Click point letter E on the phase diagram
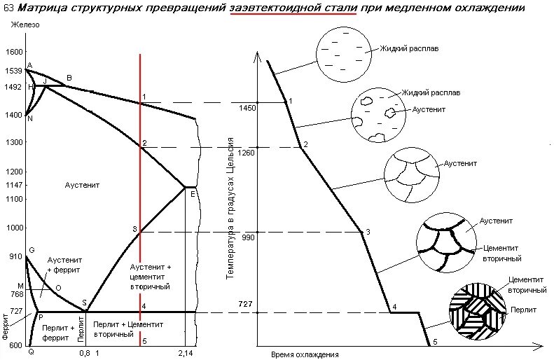point(193,194)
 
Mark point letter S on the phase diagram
point(84,303)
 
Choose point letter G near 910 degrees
point(32,250)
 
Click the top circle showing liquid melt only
point(342,51)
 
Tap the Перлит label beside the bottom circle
point(523,309)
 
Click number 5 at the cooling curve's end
point(434,341)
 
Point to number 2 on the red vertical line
point(144,144)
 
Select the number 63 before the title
point(8,9)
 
